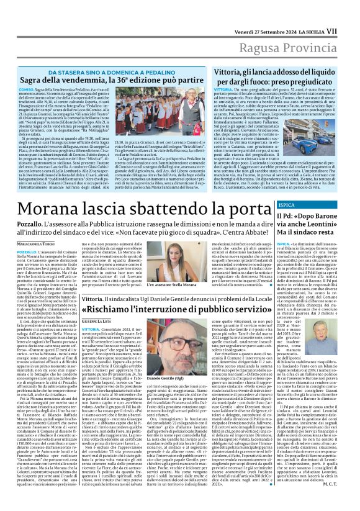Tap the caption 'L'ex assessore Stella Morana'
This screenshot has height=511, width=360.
[171, 284]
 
